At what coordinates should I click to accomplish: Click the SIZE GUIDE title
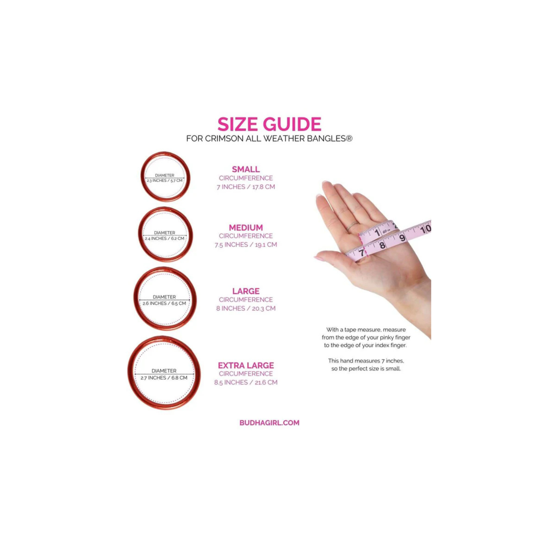pyautogui.click(x=269, y=124)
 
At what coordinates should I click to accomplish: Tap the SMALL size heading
pyautogui.click(x=246, y=169)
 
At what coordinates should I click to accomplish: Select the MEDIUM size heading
pyautogui.click(x=246, y=228)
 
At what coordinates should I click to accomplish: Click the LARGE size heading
pyautogui.click(x=246, y=291)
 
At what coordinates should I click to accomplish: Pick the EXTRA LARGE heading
pyautogui.click(x=246, y=365)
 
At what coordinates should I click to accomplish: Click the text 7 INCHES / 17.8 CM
pyautogui.click(x=246, y=187)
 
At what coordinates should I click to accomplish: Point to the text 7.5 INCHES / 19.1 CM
pyautogui.click(x=246, y=245)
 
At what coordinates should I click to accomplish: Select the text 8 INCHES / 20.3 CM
pyautogui.click(x=246, y=308)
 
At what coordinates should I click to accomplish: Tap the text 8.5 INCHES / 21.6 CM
pyautogui.click(x=246, y=382)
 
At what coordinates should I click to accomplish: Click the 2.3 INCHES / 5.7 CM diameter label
pyautogui.click(x=165, y=181)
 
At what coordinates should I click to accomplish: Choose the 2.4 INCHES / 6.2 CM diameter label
pyautogui.click(x=165, y=238)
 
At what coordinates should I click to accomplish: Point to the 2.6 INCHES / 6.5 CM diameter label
pyautogui.click(x=164, y=303)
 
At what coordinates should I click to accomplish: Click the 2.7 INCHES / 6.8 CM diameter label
pyautogui.click(x=164, y=378)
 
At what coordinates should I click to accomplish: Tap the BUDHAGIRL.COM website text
pyautogui.click(x=269, y=423)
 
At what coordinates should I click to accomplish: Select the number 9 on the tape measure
pyautogui.click(x=402, y=238)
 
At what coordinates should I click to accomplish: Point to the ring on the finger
pyautogui.click(x=353, y=225)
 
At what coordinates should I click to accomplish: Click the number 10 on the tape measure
pyautogui.click(x=425, y=229)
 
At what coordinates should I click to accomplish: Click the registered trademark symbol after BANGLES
pyautogui.click(x=349, y=138)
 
